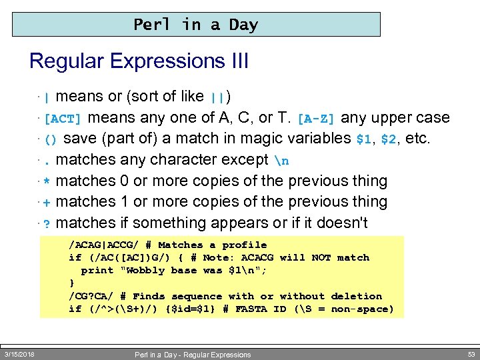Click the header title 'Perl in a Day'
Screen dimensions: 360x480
(195, 25)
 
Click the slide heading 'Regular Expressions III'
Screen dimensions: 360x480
(139, 61)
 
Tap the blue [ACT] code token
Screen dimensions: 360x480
(63, 119)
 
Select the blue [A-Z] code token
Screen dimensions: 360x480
(317, 119)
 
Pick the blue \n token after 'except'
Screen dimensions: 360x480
(281, 160)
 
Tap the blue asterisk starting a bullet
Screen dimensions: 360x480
(47, 181)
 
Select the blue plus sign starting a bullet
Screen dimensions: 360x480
(47, 202)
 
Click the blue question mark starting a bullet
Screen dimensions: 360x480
(47, 223)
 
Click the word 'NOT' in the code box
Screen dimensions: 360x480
(321, 257)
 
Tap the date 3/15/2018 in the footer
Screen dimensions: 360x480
(19, 353)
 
